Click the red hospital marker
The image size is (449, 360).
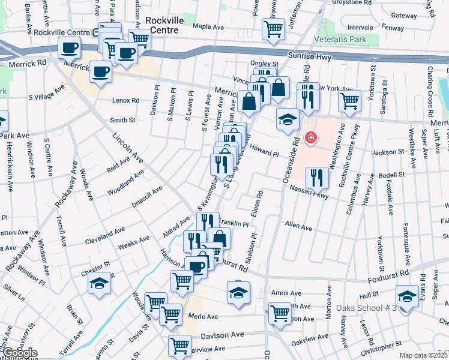(x=310, y=138)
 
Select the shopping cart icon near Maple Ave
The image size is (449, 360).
(x=273, y=29)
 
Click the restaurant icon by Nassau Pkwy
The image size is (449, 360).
(x=316, y=177)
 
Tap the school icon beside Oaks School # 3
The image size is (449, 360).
(x=407, y=296)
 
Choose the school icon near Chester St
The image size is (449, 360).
(x=100, y=284)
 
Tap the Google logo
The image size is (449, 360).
(x=19, y=353)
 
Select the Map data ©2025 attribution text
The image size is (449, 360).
(x=424, y=355)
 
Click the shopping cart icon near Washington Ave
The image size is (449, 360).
(x=349, y=102)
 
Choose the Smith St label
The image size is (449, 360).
(x=122, y=121)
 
